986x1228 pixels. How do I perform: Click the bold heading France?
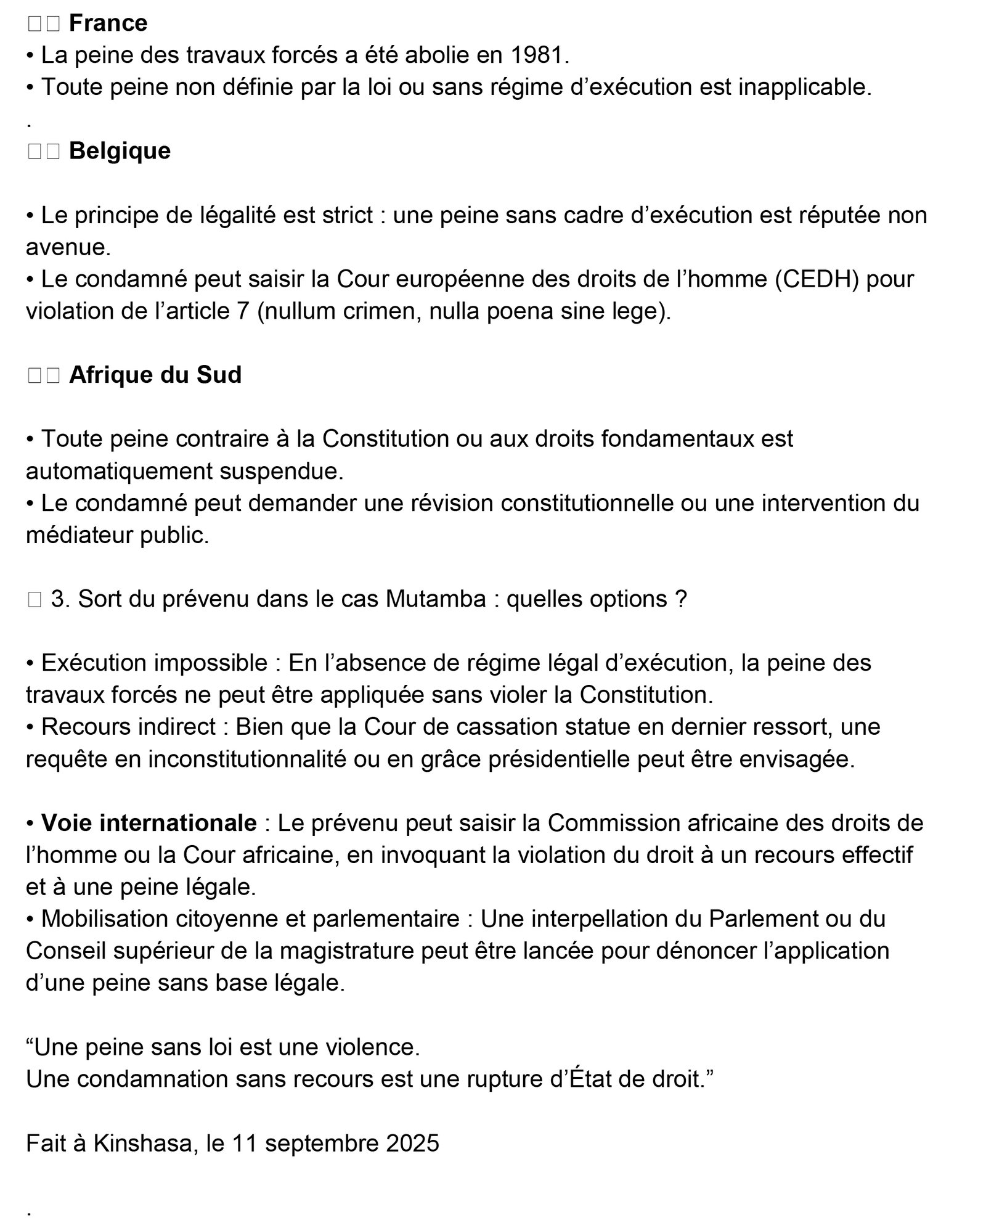tap(108, 23)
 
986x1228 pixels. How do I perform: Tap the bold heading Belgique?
tap(120, 151)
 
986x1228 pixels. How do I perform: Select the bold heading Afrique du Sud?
tap(155, 375)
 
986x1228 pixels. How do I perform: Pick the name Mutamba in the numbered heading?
tap(436, 599)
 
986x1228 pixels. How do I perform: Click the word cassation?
tap(469, 727)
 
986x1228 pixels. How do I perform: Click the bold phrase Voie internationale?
tap(149, 823)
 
